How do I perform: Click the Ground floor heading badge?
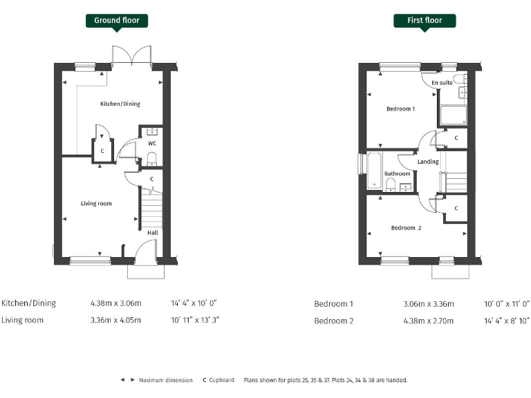(x=116, y=20)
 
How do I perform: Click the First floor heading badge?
(x=425, y=20)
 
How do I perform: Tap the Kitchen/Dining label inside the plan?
(x=120, y=104)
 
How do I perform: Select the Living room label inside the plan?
(x=96, y=203)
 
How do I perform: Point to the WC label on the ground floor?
(x=152, y=144)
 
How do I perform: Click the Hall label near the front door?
(x=152, y=233)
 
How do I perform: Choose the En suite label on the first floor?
(x=442, y=83)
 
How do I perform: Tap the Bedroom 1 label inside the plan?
(x=400, y=109)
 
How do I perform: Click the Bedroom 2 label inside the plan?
(x=406, y=228)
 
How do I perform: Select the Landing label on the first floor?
(x=428, y=162)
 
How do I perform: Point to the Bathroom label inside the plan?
(x=398, y=174)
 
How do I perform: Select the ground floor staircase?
(x=151, y=210)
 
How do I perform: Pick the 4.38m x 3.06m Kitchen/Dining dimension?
(x=115, y=303)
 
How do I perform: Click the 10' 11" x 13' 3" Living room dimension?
(x=195, y=321)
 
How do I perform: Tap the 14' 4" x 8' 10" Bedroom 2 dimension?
(x=507, y=321)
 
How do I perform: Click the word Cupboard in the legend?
(x=221, y=380)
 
